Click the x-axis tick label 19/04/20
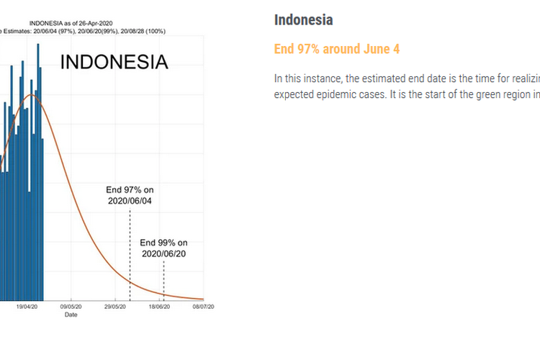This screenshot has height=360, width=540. click(27, 307)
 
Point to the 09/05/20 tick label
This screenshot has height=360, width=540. click(71, 307)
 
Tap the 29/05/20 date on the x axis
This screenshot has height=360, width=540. click(115, 307)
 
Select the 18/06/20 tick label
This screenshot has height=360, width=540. click(159, 307)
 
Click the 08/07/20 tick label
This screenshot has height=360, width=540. click(203, 307)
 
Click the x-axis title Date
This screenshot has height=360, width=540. click(71, 315)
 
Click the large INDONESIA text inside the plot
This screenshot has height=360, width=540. click(114, 62)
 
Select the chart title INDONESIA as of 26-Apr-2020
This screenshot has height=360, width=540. click(71, 24)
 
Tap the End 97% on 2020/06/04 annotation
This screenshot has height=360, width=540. click(130, 195)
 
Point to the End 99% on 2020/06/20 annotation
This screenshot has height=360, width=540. click(164, 248)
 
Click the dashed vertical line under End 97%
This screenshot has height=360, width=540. click(130, 254)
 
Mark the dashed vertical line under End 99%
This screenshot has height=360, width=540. click(164, 281)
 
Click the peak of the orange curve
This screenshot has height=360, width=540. click(31, 94)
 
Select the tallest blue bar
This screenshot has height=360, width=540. click(38, 172)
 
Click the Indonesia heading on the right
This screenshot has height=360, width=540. click(303, 19)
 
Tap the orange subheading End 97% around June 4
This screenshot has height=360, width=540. click(337, 49)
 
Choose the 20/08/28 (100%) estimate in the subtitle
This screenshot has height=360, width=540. click(143, 32)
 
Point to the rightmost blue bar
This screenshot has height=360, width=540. click(42, 220)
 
